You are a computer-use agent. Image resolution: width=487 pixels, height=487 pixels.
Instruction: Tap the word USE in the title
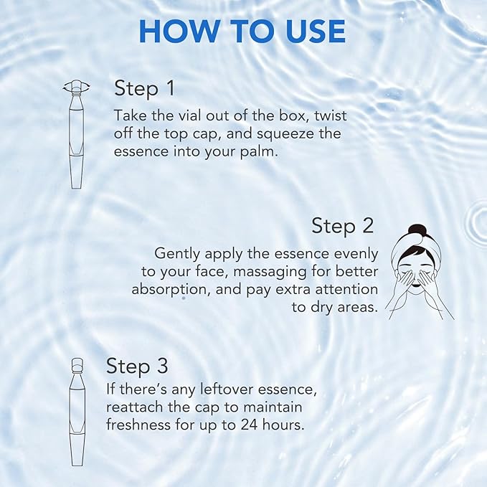(308, 32)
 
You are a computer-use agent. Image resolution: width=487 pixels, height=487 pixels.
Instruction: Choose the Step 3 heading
(137, 366)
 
